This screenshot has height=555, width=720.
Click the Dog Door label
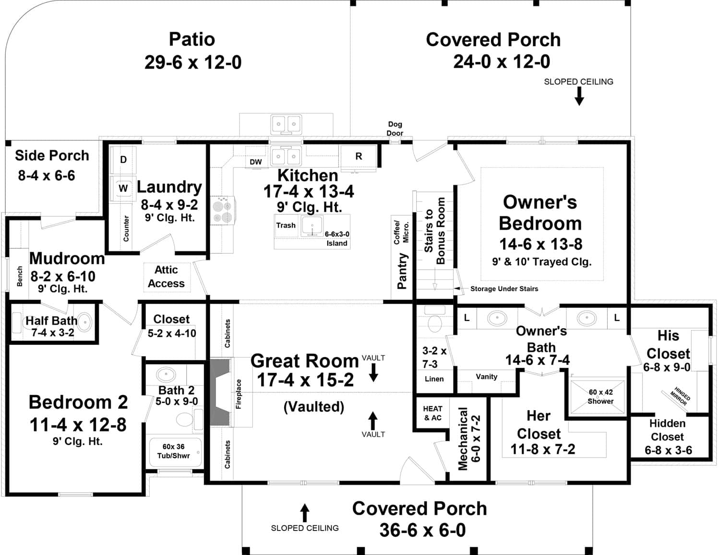(x=395, y=129)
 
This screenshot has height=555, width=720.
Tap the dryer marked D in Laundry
(x=123, y=160)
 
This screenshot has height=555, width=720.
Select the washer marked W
(x=123, y=189)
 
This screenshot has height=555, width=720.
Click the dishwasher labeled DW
(x=256, y=162)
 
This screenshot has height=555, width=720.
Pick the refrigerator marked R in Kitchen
(x=359, y=156)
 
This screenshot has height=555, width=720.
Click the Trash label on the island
(x=286, y=225)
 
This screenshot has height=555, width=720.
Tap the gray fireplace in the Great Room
(x=221, y=392)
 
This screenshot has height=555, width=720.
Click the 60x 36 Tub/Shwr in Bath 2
(x=173, y=451)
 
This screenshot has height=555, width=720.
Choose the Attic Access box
(x=166, y=277)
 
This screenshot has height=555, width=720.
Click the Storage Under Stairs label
(x=504, y=289)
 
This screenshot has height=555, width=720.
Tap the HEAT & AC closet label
(x=432, y=413)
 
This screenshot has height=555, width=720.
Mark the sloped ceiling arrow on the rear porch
(x=579, y=96)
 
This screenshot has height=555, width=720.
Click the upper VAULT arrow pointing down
(x=373, y=373)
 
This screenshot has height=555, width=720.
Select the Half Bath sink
(x=84, y=322)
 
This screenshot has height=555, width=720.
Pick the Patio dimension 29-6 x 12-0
(x=192, y=62)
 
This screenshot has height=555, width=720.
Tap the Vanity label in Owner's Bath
(x=486, y=377)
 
